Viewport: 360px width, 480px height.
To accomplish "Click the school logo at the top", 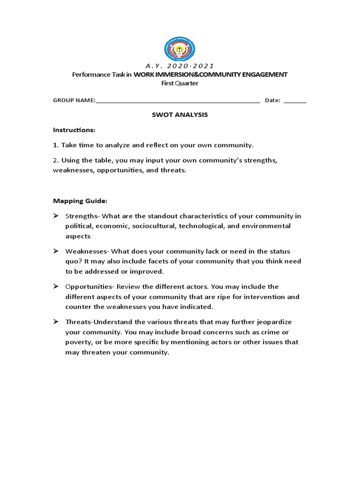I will click(x=180, y=49).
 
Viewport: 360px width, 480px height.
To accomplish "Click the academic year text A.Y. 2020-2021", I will click(x=180, y=66).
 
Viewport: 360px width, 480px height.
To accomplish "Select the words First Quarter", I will click(x=180, y=83).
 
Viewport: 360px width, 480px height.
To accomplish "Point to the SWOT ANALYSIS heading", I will click(x=180, y=114).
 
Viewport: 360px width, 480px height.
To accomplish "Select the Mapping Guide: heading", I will click(x=80, y=201).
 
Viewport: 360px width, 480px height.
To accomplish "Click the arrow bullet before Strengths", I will click(x=56, y=216).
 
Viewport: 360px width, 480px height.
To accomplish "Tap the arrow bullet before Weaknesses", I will click(x=56, y=251).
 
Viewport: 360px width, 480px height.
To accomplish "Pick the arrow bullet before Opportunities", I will click(x=56, y=286).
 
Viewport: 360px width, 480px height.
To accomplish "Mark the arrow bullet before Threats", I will click(x=56, y=322).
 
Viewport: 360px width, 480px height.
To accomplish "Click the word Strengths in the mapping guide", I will click(x=82, y=216).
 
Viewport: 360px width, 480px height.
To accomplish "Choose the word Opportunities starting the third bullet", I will click(x=87, y=286).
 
